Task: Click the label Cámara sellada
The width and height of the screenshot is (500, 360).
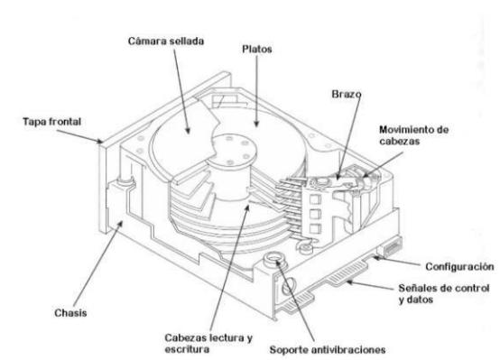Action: click(x=166, y=42)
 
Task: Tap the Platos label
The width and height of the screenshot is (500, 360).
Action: click(x=257, y=49)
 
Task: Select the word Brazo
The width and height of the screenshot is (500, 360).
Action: click(x=347, y=94)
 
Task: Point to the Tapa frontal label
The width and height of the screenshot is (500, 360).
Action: click(x=52, y=122)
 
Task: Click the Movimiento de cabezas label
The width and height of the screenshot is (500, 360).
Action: click(x=414, y=135)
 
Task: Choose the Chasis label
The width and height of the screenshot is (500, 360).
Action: click(x=70, y=313)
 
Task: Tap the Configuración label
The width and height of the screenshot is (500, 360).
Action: click(x=459, y=266)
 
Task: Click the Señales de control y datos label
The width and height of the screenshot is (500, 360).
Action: click(x=444, y=293)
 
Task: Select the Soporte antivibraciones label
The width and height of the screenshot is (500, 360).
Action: click(x=328, y=350)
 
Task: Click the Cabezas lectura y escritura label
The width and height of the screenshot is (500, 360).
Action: click(x=208, y=344)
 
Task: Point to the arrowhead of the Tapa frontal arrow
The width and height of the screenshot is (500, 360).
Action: click(x=100, y=142)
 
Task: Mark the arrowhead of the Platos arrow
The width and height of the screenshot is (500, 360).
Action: click(x=256, y=124)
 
